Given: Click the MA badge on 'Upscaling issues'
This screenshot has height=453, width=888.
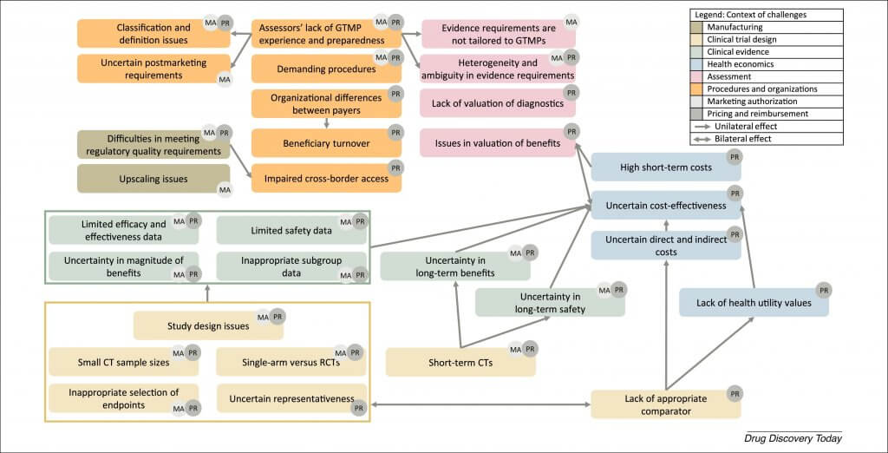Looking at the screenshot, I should coord(224,188).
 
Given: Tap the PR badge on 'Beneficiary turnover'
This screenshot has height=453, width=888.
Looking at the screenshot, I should coord(396,132).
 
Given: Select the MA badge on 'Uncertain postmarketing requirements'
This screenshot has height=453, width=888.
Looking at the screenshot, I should coord(224,79).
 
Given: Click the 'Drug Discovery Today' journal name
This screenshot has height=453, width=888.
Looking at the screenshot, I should coord(793,438).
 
